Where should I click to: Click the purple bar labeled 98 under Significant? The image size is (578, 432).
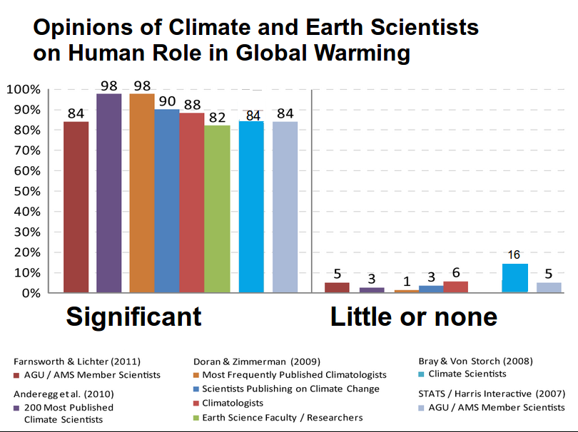(109, 192)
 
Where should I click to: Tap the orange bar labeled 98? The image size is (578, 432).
(142, 192)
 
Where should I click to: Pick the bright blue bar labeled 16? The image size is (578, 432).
(514, 278)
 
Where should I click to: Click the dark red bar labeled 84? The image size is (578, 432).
(76, 207)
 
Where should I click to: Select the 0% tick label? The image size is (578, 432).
(28, 294)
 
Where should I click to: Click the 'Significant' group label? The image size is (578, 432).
(134, 317)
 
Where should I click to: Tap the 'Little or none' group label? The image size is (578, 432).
(414, 317)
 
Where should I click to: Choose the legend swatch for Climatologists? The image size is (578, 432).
(197, 403)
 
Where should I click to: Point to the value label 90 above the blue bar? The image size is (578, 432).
(168, 100)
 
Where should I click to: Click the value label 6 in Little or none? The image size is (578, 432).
(456, 272)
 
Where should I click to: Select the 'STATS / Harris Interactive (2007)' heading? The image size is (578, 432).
(492, 394)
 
